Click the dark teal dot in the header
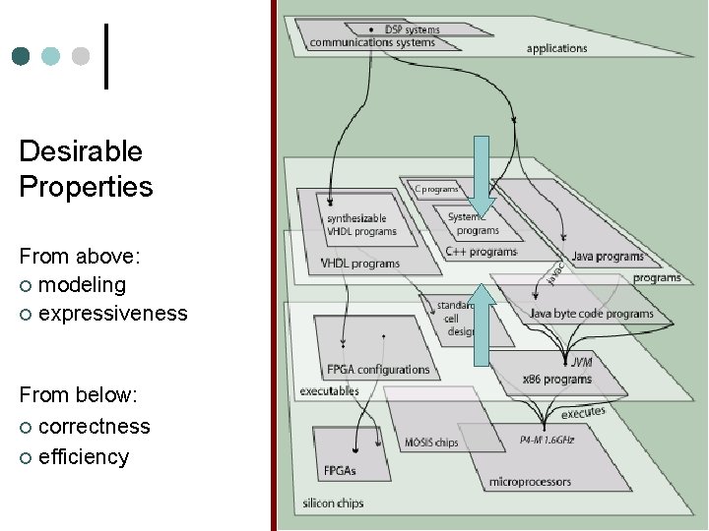point(21,56)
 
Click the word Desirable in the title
point(81,151)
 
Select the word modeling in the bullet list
point(82,285)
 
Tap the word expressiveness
point(112,314)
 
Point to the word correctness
point(94,427)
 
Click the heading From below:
point(78,395)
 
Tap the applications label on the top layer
point(556,48)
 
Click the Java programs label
point(608,257)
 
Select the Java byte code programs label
point(591,314)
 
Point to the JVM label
point(581,363)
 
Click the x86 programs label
point(556,379)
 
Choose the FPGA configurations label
point(378,370)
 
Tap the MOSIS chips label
point(431,442)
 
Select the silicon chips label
point(333,503)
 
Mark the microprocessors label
point(530,482)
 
